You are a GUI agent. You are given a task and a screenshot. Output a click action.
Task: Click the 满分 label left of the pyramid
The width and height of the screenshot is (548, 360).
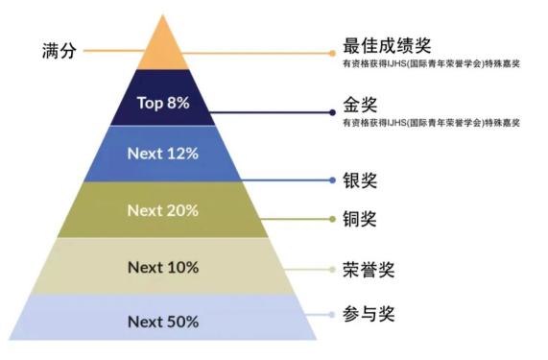tap(60, 51)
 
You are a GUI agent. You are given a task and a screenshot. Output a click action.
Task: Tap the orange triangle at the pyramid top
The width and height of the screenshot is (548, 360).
tap(163, 49)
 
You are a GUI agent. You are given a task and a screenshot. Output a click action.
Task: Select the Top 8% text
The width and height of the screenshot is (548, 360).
tap(163, 103)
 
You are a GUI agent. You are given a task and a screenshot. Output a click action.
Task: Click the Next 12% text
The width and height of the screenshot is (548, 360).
tap(163, 154)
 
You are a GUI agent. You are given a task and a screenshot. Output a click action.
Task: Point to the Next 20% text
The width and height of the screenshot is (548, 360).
tap(163, 210)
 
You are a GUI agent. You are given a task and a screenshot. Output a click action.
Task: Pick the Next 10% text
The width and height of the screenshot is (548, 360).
tap(163, 268)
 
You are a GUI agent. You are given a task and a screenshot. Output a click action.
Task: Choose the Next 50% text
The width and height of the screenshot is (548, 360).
tap(163, 322)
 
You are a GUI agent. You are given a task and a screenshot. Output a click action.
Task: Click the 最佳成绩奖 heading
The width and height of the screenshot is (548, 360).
tap(387, 46)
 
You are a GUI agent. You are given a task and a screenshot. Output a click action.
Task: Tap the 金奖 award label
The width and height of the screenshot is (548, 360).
tap(360, 105)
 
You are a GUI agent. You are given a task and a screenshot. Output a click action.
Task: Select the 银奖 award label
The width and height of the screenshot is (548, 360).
tap(360, 180)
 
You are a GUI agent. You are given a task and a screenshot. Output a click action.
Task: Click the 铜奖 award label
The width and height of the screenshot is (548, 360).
tap(360, 219)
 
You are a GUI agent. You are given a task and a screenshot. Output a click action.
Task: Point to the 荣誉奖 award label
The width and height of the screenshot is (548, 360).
tap(369, 270)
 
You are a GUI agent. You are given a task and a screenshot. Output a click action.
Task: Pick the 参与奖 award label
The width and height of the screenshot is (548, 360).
tap(369, 314)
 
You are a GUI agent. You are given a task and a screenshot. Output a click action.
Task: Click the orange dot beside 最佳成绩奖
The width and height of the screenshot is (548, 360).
tap(332, 53)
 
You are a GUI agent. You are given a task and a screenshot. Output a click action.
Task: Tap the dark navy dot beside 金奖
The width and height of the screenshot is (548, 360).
tap(332, 112)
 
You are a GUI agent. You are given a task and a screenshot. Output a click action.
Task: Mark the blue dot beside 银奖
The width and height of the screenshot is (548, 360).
tap(332, 180)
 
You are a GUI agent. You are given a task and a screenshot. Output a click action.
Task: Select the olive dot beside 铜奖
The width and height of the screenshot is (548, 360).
tap(332, 219)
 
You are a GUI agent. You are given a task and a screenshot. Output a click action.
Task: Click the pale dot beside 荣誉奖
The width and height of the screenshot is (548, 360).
tap(332, 270)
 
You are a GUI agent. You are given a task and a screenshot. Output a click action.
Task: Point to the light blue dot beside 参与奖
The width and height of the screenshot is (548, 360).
tap(332, 315)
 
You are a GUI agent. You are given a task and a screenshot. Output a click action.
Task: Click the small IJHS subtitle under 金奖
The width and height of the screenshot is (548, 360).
tap(431, 123)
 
